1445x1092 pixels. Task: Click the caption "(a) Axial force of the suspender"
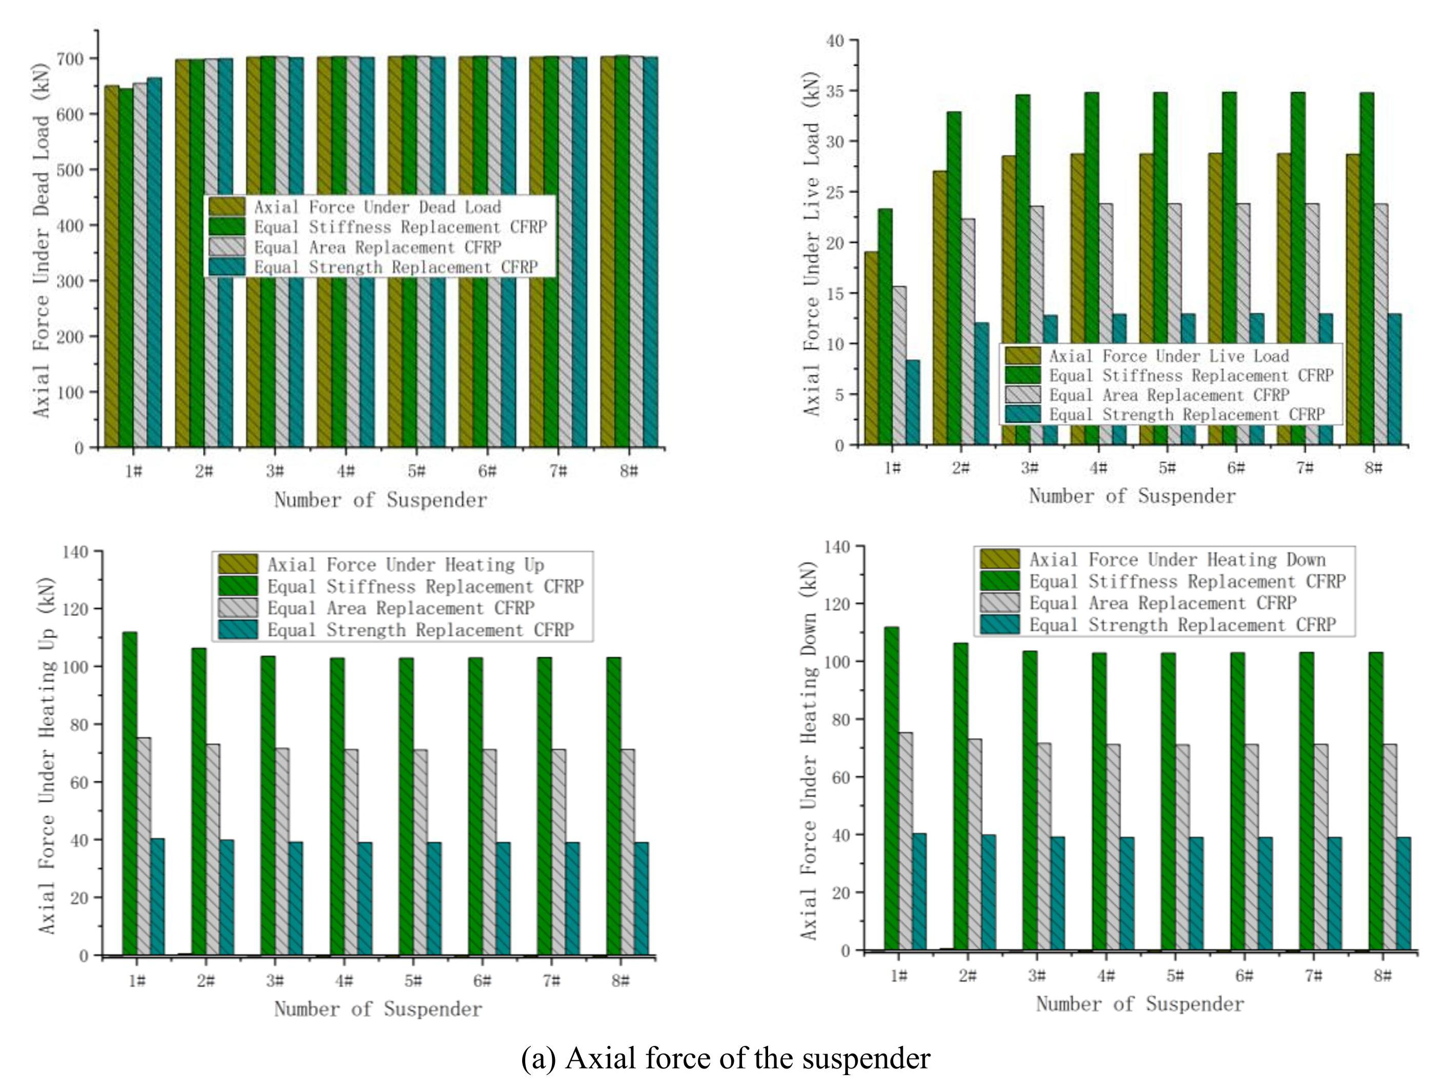coord(725,1057)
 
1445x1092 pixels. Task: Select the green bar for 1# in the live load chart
coord(885,326)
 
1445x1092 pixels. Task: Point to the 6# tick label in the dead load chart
coord(487,471)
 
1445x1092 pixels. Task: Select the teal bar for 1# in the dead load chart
coord(154,262)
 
